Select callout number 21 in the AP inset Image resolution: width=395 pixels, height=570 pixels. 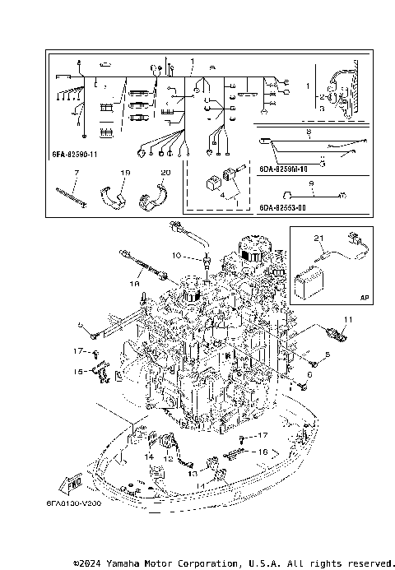tap(318, 238)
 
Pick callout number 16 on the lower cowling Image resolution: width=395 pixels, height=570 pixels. tap(263, 452)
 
